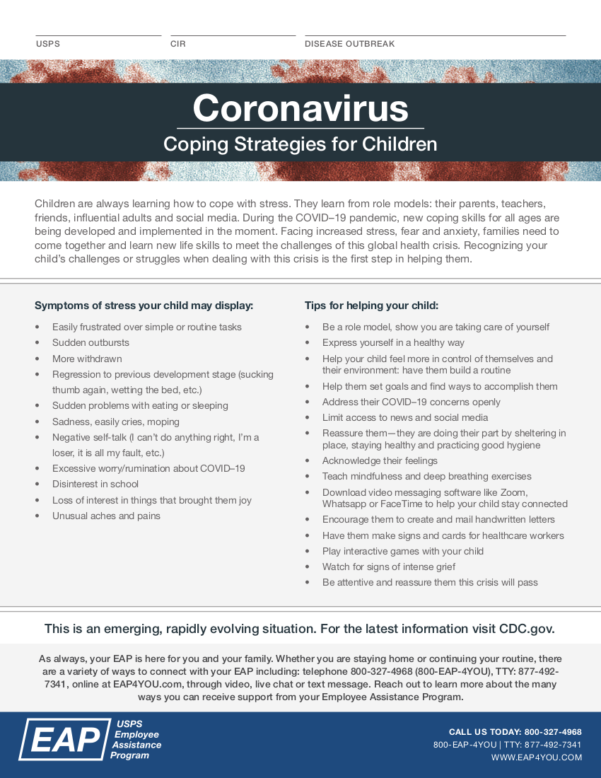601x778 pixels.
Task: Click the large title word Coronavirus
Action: click(300, 108)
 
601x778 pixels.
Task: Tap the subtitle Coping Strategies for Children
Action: click(300, 144)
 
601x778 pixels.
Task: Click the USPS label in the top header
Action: click(48, 44)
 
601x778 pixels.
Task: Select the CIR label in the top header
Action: click(178, 44)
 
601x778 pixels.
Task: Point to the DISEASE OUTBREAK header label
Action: click(349, 44)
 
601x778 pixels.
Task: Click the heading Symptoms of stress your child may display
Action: click(144, 306)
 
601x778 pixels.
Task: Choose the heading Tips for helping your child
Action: click(371, 306)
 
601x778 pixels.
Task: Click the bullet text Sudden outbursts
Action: click(91, 343)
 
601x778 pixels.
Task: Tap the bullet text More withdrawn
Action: click(87, 359)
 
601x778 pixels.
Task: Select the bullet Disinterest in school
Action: click(95, 484)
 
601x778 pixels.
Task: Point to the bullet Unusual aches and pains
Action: click(106, 516)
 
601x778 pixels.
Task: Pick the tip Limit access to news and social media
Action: click(405, 417)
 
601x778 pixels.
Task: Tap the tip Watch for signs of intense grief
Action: click(389, 567)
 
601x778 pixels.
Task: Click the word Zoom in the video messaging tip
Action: click(514, 492)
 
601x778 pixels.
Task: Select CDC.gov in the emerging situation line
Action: click(526, 629)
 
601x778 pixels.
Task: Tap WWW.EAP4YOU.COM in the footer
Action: click(536, 757)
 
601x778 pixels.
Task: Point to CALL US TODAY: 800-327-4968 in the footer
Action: click(515, 732)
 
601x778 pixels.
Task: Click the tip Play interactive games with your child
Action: click(403, 551)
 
